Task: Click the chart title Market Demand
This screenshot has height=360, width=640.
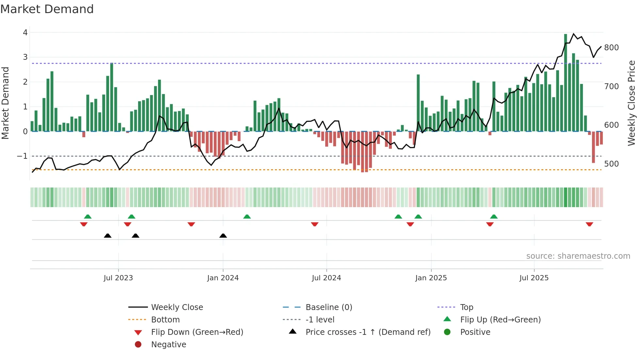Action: tap(47, 9)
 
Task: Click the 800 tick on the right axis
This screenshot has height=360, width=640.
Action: tap(611, 48)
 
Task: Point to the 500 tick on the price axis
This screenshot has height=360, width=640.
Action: tap(611, 164)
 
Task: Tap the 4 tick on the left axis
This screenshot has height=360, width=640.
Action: tap(25, 33)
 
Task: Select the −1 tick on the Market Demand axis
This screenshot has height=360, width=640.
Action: tap(22, 156)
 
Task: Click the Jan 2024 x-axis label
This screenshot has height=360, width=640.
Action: tap(223, 278)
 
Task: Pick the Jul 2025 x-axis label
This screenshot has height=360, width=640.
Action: tap(534, 278)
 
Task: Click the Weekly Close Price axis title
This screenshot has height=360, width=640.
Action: tap(632, 103)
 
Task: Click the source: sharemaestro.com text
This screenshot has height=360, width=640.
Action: tap(578, 256)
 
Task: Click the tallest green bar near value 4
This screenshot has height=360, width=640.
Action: tap(566, 82)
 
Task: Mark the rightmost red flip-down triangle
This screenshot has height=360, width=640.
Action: tap(589, 224)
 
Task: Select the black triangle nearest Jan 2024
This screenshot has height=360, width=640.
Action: tap(223, 236)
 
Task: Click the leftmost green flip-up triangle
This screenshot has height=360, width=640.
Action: tap(88, 217)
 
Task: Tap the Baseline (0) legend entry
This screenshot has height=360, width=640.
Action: tap(328, 307)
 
